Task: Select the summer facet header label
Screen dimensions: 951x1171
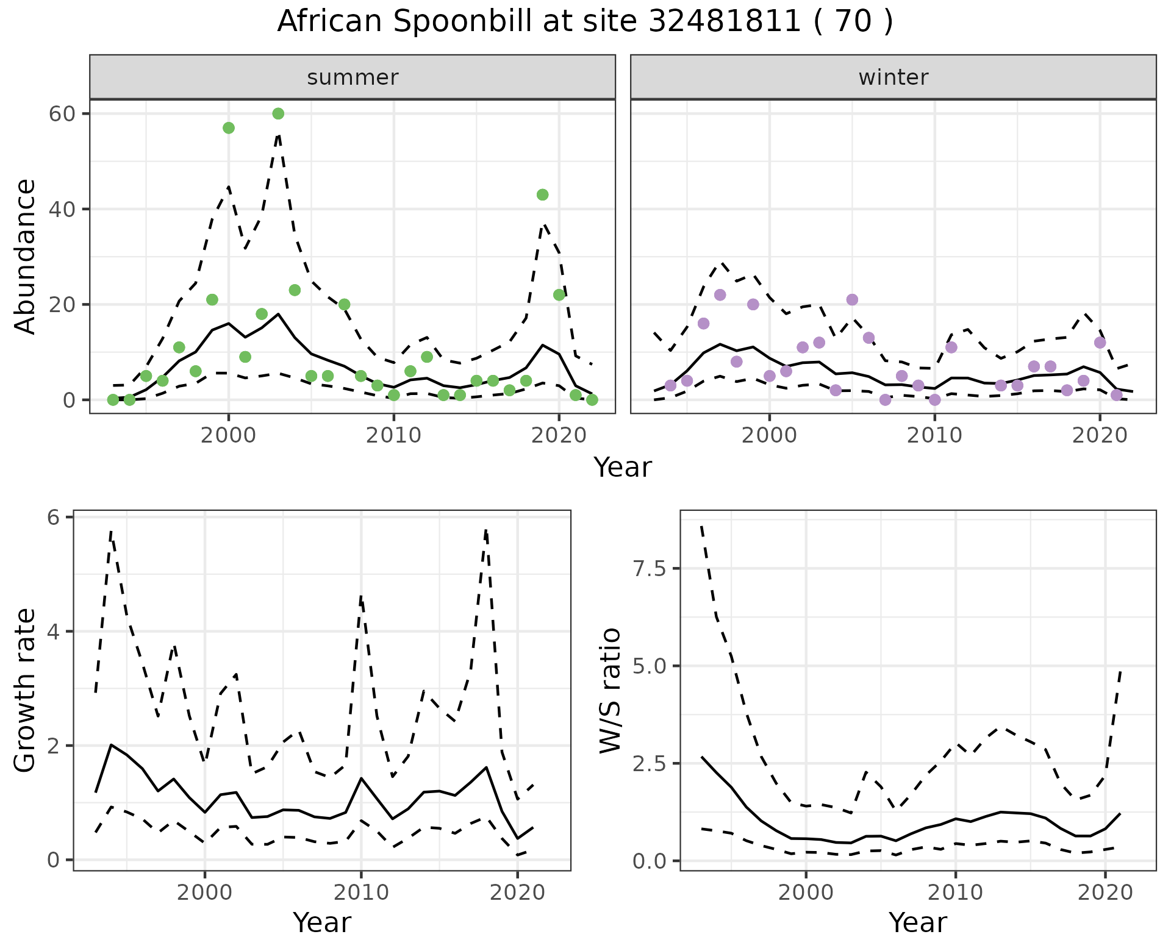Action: [x=353, y=77]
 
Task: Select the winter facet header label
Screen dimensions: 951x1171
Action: [x=893, y=77]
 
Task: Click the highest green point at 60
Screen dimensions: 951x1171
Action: [x=278, y=113]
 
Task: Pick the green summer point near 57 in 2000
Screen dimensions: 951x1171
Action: [x=229, y=127]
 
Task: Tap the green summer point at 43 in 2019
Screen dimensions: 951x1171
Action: [x=542, y=194]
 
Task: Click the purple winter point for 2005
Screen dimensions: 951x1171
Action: [x=852, y=299]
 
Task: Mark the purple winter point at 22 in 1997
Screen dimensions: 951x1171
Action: [x=720, y=295]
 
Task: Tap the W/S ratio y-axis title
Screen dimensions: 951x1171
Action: [x=611, y=691]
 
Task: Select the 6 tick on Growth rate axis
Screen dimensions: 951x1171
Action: [x=53, y=518]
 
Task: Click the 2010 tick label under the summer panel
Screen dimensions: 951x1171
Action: [x=393, y=435]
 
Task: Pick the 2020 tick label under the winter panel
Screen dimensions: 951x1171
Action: [x=1100, y=435]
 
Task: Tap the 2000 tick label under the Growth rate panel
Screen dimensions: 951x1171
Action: [x=205, y=893]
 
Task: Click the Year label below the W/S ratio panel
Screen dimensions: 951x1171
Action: [x=917, y=922]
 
